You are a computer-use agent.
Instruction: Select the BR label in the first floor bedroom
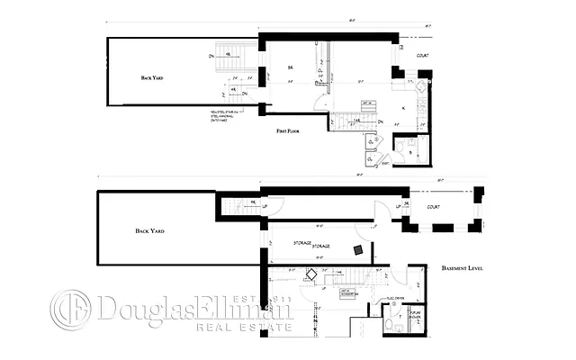[290, 67]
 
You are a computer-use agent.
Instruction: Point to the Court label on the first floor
[422, 56]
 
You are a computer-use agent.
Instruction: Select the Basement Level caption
[463, 268]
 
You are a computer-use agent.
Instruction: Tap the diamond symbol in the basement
[311, 275]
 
